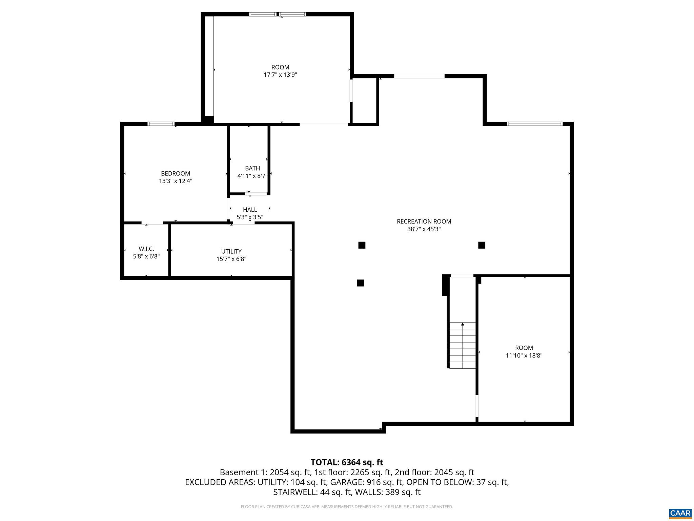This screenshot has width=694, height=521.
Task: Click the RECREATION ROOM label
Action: pos(424,221)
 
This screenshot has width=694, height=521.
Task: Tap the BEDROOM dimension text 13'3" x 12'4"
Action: pos(176,181)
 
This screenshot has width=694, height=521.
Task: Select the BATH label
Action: pos(252,168)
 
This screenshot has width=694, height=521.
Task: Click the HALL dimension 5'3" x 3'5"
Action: pos(250,217)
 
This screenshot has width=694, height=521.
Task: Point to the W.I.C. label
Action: pos(146,249)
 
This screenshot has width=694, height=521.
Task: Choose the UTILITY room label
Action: pos(231,251)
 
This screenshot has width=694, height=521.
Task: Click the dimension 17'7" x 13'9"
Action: pos(280,75)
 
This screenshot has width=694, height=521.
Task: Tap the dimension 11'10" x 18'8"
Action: pos(524,355)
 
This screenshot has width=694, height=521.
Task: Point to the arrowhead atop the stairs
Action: pos(463,324)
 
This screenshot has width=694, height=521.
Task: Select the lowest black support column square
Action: pos(360,283)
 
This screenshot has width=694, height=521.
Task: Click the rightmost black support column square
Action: pos(482,245)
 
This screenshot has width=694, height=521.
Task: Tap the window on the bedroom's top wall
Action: pos(161,124)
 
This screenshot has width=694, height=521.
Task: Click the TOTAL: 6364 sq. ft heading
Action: pos(347,462)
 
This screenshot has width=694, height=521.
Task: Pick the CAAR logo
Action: pos(680,513)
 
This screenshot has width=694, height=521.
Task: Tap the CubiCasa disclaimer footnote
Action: pos(347,507)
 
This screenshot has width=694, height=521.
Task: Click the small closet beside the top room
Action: pos(364,100)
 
